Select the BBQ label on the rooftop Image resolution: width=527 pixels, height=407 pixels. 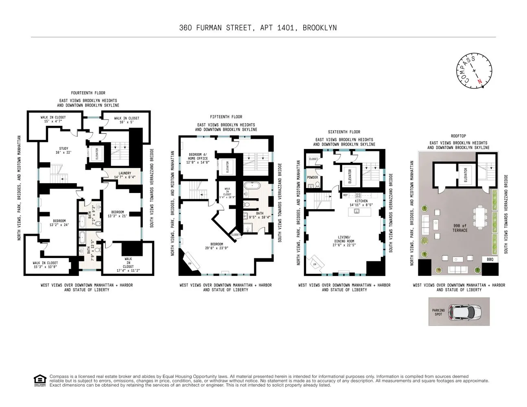[490, 259]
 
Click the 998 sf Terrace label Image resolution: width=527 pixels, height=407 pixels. [460, 228]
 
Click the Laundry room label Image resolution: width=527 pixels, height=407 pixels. [125, 175]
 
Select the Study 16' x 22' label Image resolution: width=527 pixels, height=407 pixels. [63, 151]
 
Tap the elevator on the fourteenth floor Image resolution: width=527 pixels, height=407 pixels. [97, 153]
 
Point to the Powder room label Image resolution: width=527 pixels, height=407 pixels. [313, 177]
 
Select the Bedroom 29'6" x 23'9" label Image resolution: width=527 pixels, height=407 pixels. [216, 246]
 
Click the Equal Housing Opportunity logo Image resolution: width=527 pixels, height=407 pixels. [39, 380]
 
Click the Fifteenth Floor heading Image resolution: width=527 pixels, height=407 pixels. [226, 117]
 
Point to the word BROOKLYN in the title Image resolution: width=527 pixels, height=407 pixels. [319, 28]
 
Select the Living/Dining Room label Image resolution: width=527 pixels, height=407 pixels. [344, 241]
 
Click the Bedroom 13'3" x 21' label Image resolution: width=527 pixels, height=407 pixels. [118, 214]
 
